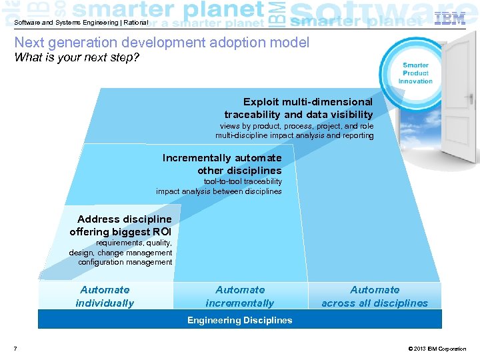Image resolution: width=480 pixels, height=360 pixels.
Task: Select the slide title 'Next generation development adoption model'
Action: pos(162,43)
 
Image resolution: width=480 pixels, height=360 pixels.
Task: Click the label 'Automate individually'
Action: pos(105,297)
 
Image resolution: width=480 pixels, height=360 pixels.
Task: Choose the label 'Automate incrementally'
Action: pos(240,297)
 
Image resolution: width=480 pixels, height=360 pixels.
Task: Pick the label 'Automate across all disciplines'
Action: pos(375,297)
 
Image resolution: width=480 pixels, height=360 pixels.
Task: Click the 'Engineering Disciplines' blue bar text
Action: pos(240,321)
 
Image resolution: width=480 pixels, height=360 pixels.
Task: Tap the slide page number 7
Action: pos(15,349)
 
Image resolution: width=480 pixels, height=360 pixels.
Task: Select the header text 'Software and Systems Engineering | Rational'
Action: pos(81,22)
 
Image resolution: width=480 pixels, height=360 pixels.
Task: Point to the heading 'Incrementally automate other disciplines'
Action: pos(222,164)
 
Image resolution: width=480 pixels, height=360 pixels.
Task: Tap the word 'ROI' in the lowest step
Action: pos(161,232)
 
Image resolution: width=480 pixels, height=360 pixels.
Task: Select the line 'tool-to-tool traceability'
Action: pos(243,181)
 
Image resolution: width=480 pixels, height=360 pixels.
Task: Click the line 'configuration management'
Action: pos(125,262)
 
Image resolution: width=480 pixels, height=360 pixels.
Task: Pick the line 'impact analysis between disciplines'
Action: pos(219,191)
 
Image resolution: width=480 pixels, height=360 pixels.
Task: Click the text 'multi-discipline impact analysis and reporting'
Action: pos(295,135)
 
